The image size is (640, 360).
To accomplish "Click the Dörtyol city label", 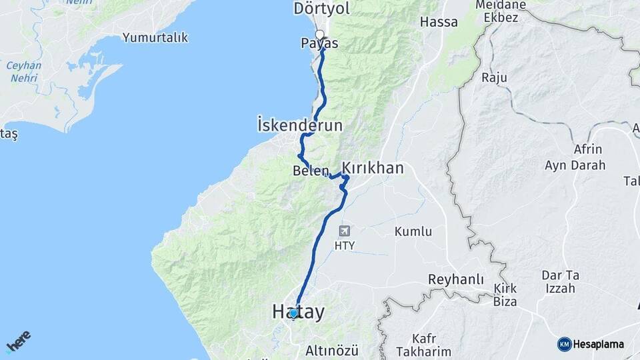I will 322,9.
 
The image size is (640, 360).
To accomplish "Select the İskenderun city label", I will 299,125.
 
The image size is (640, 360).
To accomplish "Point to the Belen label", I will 311,171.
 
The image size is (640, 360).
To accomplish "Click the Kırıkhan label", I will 373,167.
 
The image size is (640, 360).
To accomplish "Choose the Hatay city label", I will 298,312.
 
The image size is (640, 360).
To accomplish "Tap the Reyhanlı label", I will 455,279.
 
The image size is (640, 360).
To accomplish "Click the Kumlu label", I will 413,232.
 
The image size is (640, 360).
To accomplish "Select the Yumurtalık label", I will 156,37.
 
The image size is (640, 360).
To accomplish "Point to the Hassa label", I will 439,22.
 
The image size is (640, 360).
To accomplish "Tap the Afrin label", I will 587,149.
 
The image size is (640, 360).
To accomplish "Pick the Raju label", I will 493,78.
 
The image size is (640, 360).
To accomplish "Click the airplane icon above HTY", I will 345,231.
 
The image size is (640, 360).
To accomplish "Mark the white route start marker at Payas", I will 320,35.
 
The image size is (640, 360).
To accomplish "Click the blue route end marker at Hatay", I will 293,312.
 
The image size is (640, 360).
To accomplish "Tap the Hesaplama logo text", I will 598,344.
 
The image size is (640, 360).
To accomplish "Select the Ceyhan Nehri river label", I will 24,71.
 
